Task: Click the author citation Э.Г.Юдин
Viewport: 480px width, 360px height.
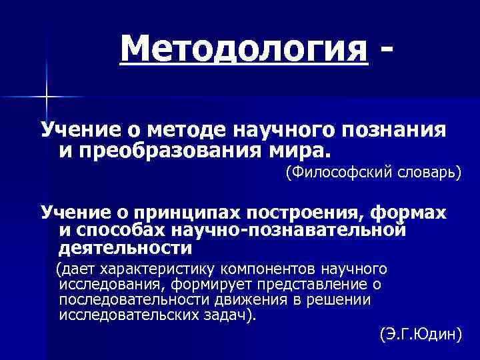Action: point(420,333)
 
